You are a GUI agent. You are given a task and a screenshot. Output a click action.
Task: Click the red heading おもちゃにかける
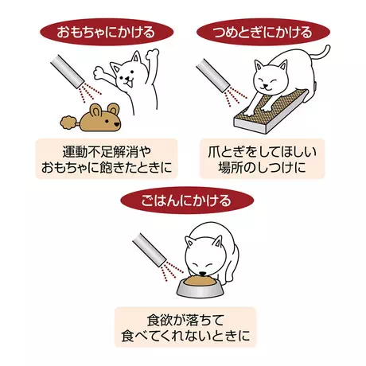pyautogui.click(x=107, y=32)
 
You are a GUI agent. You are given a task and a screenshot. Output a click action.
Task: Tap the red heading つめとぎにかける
pyautogui.click(x=263, y=32)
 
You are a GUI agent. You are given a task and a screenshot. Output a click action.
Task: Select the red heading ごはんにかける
pyautogui.click(x=187, y=200)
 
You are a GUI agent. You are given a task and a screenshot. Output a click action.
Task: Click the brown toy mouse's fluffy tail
pyautogui.click(x=68, y=123)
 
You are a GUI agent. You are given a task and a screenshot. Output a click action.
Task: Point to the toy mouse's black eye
pyautogui.click(x=107, y=121)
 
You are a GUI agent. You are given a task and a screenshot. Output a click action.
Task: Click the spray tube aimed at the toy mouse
pyautogui.click(x=67, y=72)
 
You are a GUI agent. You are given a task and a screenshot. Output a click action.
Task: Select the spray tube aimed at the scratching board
pyautogui.click(x=213, y=76)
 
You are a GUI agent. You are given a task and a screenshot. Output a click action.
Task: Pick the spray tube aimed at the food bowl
pyautogui.click(x=150, y=250)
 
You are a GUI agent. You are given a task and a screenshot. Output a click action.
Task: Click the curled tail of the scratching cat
pyautogui.click(x=320, y=53)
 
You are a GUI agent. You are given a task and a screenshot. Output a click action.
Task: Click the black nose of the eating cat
pyautogui.click(x=202, y=274)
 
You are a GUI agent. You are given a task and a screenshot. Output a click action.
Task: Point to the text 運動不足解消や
pyautogui.click(x=107, y=152)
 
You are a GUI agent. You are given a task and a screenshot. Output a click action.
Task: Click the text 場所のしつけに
pyautogui.click(x=262, y=167)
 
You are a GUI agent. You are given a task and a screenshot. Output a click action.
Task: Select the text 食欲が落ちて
pyautogui.click(x=185, y=320)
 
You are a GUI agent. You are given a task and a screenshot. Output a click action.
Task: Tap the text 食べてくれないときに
pyautogui.click(x=185, y=336)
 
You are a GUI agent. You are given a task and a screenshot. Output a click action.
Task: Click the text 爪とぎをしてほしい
pyautogui.click(x=262, y=152)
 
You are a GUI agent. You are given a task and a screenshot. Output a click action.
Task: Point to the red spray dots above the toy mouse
pyautogui.click(x=90, y=92)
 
